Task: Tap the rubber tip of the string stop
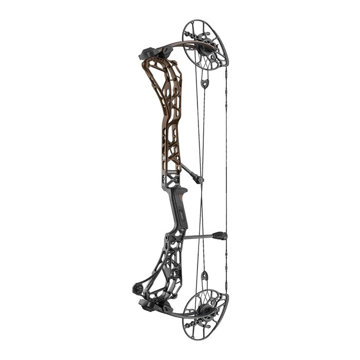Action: coord(222,236)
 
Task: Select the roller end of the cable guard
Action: coord(200,179)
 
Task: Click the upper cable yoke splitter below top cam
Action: coord(205,82)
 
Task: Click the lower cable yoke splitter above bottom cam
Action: coord(204,276)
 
